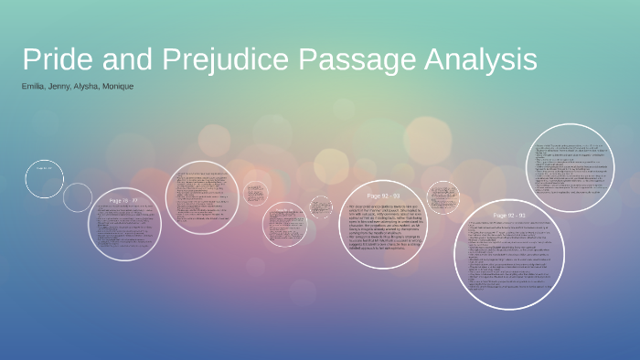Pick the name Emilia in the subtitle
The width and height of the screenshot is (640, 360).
(34, 86)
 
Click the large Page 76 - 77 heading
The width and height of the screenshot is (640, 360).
(123, 200)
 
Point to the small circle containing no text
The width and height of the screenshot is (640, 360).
(78, 197)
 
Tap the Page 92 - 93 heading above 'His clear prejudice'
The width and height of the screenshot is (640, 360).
(385, 196)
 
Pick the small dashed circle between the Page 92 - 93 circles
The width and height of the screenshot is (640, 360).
(443, 199)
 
